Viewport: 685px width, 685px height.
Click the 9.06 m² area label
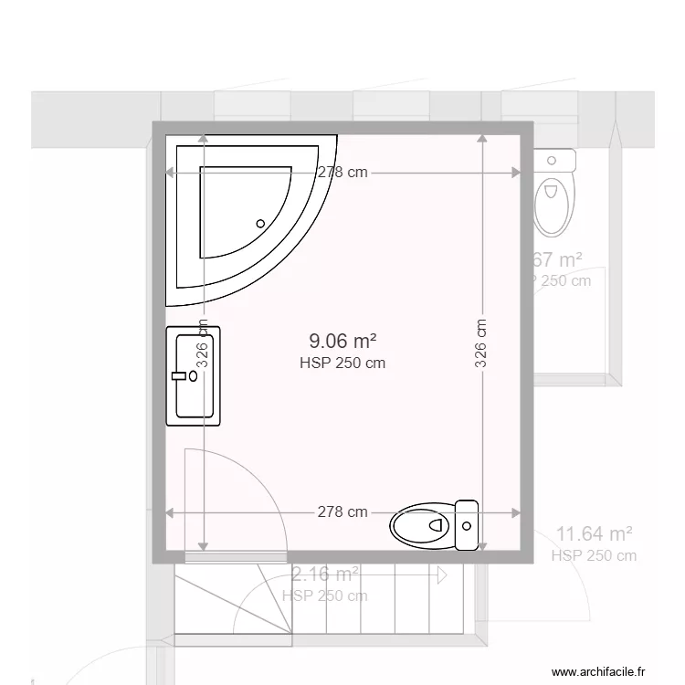342,342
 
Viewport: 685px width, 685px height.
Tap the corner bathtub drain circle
260,223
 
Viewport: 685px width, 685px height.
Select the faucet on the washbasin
180,374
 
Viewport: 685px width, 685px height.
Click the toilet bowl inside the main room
420,526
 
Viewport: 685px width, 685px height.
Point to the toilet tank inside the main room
467,526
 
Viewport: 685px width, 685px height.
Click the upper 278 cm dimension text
342,172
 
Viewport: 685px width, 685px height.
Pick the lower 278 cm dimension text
342,511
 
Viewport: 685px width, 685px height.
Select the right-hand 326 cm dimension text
480,342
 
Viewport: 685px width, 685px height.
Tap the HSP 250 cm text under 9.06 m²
342,363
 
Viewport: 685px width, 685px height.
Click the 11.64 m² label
595,534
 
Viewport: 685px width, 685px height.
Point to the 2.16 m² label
325,574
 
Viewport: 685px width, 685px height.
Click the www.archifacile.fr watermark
604,669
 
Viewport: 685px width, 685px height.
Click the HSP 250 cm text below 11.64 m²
595,555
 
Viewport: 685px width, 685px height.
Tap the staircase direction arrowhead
442,575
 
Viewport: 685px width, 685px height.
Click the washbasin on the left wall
193,376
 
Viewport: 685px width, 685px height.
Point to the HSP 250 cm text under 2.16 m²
325,595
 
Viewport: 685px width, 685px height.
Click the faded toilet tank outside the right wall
553,162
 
